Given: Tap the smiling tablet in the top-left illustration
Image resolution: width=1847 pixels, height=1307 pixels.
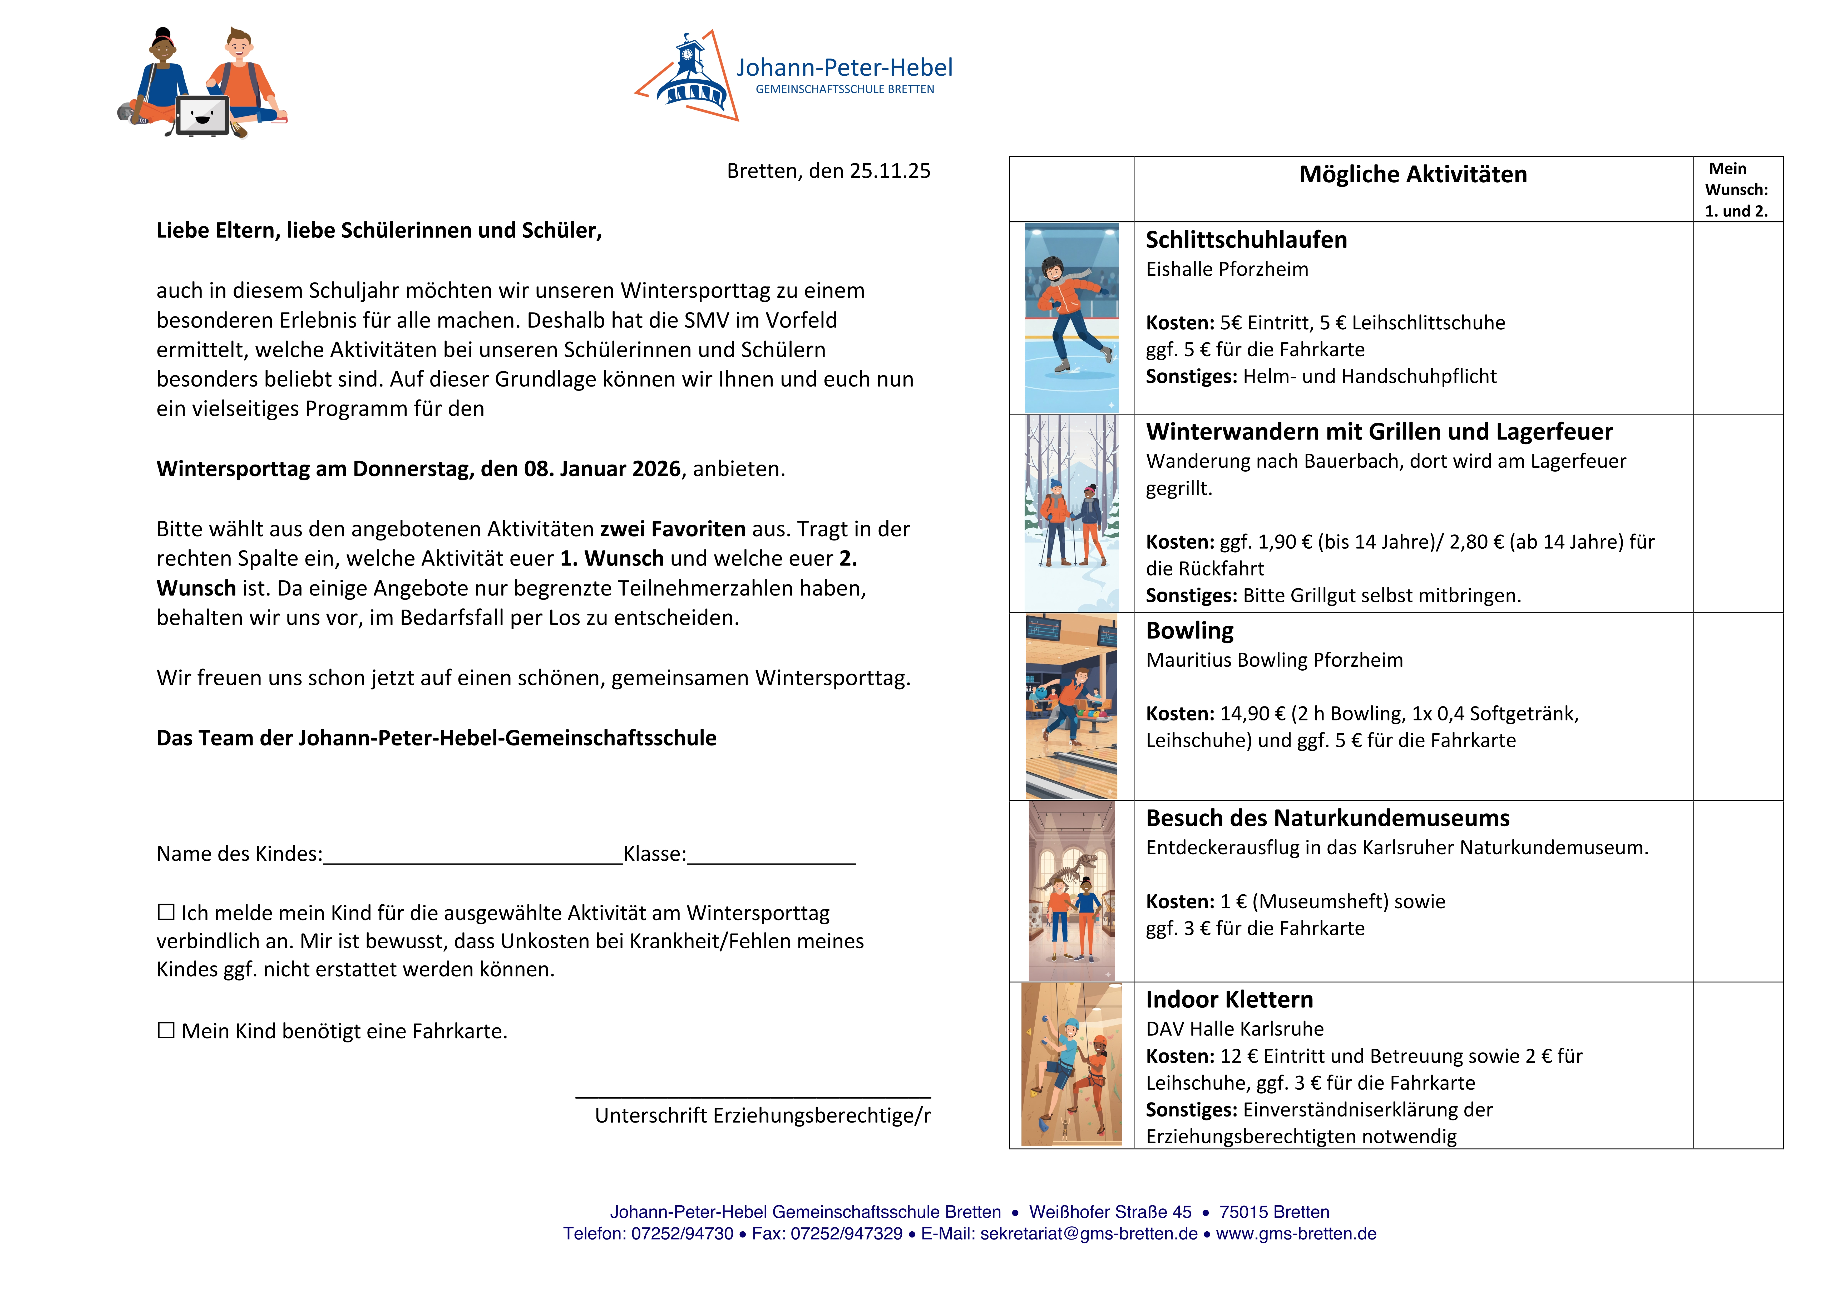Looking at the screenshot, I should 202,115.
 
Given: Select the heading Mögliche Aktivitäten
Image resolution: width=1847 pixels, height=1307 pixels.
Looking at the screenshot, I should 1413,175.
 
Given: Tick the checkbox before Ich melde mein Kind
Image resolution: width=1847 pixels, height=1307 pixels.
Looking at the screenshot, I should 166,912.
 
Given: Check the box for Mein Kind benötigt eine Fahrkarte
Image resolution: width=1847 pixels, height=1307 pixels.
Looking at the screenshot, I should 166,1030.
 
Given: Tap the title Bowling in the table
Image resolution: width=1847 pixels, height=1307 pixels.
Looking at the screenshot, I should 1189,631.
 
